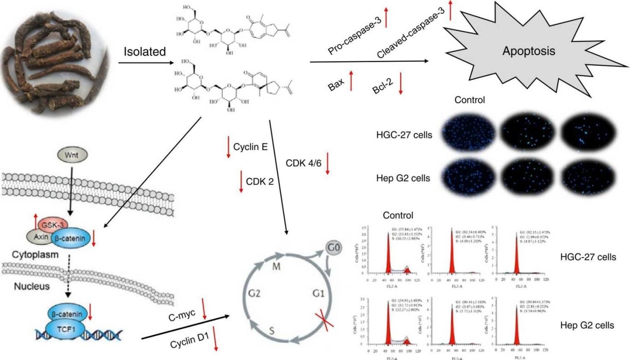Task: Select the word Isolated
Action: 144,52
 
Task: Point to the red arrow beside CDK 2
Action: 241,181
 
